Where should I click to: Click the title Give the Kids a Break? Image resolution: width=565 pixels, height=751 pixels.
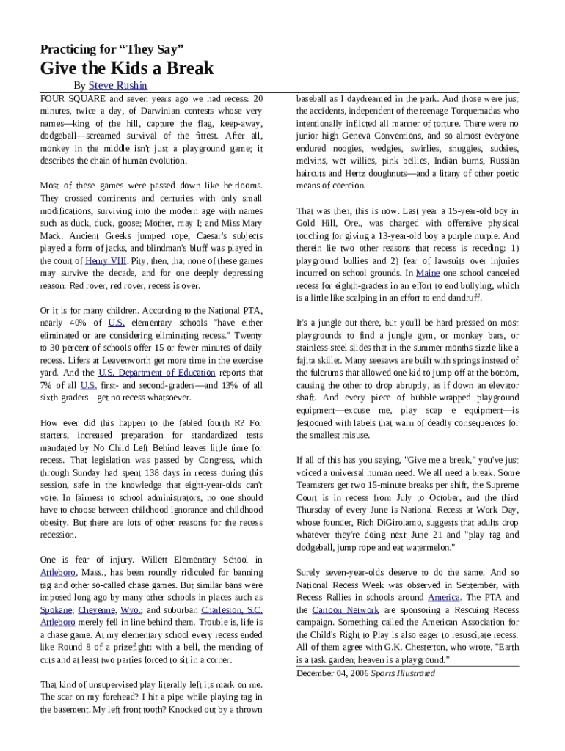(x=127, y=69)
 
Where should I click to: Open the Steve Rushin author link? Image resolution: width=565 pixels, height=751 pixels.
(x=117, y=86)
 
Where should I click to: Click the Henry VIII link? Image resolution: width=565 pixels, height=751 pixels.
(x=106, y=260)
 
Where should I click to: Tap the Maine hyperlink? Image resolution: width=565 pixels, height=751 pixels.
(x=428, y=273)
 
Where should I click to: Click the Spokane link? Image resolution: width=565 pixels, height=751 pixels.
(x=56, y=609)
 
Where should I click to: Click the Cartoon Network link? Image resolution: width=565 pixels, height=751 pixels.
(x=346, y=609)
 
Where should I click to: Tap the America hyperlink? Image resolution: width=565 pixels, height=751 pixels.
(x=444, y=597)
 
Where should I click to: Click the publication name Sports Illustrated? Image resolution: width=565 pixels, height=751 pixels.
(x=402, y=673)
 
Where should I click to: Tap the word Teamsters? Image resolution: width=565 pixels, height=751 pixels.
(x=320, y=485)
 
